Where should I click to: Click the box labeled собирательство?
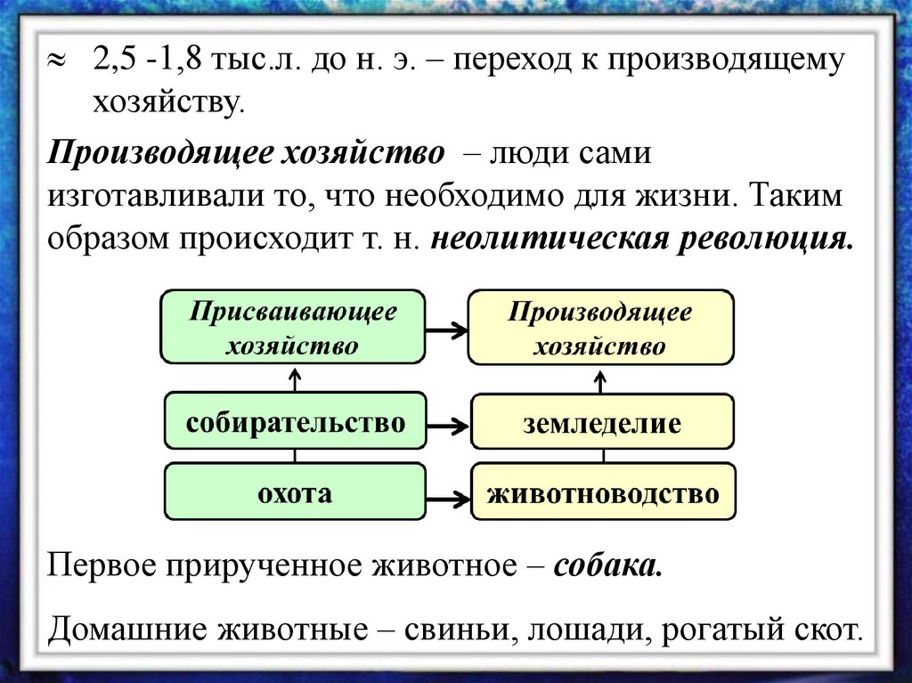295,423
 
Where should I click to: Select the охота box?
295,492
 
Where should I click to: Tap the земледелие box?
602,423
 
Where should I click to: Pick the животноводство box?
602,492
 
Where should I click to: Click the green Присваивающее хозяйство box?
293,327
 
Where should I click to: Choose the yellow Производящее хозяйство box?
600,327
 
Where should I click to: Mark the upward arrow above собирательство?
295,380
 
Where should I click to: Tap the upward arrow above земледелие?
602,380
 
